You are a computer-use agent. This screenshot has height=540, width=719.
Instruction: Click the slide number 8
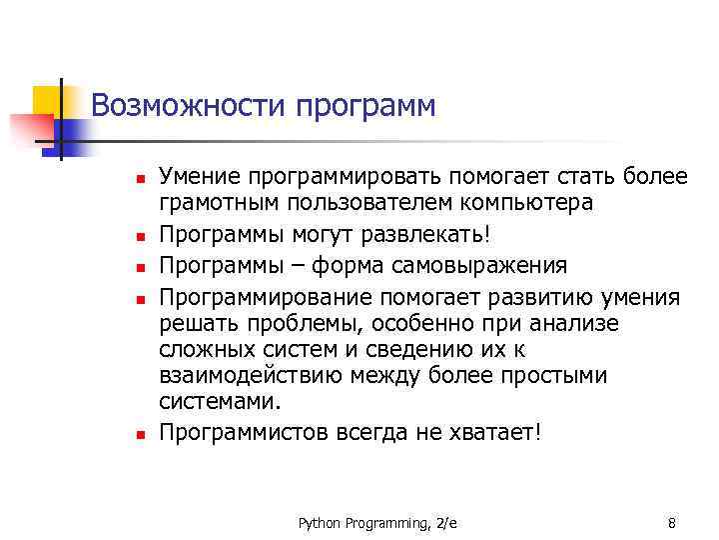[x=671, y=523]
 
